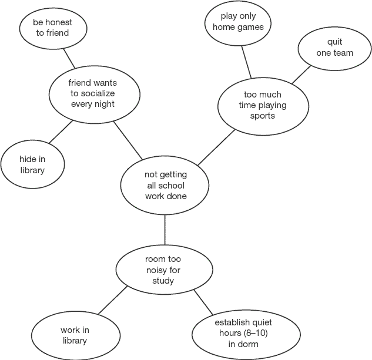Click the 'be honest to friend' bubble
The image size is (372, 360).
coord(52,28)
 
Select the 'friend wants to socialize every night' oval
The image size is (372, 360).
coord(93,93)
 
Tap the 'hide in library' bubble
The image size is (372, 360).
coord(32,164)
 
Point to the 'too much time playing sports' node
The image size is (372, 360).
coord(262,105)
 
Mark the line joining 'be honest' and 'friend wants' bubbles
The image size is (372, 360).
coord(69,58)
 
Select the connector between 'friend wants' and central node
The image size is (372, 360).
coord(128,140)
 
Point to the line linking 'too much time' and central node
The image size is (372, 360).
coord(216,147)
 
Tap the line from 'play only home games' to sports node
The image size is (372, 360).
coord(247,62)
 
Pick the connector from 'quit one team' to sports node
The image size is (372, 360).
coord(301,74)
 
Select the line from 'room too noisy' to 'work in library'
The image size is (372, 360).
coord(112,300)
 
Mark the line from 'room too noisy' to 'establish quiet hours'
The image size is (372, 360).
coord(203,301)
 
